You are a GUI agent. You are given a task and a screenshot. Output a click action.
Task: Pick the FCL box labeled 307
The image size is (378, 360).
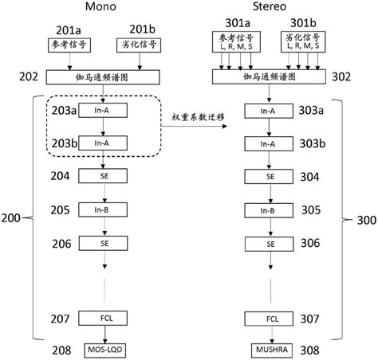[270, 319]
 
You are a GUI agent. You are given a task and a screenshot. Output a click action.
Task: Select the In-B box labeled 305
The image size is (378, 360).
[270, 210]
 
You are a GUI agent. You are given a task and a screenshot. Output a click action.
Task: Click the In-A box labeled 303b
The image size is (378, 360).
[270, 144]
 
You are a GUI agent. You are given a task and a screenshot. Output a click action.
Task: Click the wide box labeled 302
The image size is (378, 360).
[270, 76]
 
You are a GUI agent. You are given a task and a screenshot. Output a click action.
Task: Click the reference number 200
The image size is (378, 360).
[12, 217]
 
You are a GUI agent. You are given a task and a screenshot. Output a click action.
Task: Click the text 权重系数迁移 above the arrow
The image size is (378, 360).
[198, 118]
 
